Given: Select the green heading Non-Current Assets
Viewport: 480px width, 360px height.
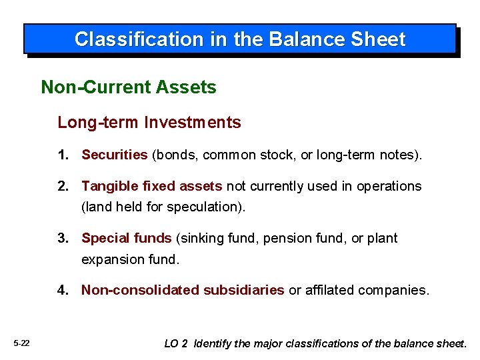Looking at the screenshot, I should point(129,87).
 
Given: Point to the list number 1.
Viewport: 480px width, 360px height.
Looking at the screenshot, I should point(63,155).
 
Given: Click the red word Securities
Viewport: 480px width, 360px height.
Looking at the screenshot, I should point(114,155).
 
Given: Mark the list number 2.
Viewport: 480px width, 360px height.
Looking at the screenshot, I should point(63,186).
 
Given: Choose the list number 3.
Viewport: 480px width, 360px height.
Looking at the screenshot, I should point(63,238).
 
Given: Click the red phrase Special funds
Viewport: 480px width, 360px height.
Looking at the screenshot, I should point(127,238).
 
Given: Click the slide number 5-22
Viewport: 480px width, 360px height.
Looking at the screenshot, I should point(21,343).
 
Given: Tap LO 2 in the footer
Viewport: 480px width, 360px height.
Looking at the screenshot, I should point(176,343).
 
